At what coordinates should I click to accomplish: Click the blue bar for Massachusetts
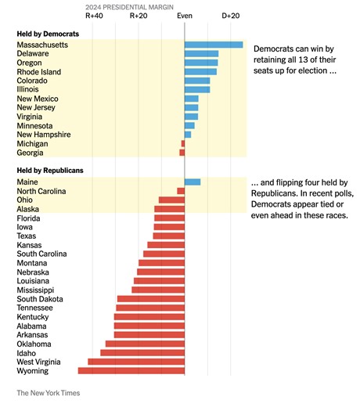pyautogui.click(x=214, y=45)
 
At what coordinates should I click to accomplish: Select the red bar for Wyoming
pyautogui.click(x=131, y=371)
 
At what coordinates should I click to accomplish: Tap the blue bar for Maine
pyautogui.click(x=193, y=182)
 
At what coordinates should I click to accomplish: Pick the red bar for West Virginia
pyautogui.click(x=136, y=362)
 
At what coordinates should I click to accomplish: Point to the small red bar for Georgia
pyautogui.click(x=182, y=153)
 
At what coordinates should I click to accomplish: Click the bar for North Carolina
pyautogui.click(x=181, y=191)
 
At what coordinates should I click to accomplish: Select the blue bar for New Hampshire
pyautogui.click(x=188, y=135)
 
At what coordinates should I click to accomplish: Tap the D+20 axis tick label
pyautogui.click(x=231, y=16)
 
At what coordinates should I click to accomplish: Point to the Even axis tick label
pyautogui.click(x=185, y=16)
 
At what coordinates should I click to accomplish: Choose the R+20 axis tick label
pyautogui.click(x=139, y=16)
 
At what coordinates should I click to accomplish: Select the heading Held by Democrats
pyautogui.click(x=48, y=34)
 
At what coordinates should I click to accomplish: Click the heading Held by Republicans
pyautogui.click(x=50, y=170)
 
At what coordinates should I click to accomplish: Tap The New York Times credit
pyautogui.click(x=48, y=393)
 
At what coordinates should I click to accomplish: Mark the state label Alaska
pyautogui.click(x=30, y=209)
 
